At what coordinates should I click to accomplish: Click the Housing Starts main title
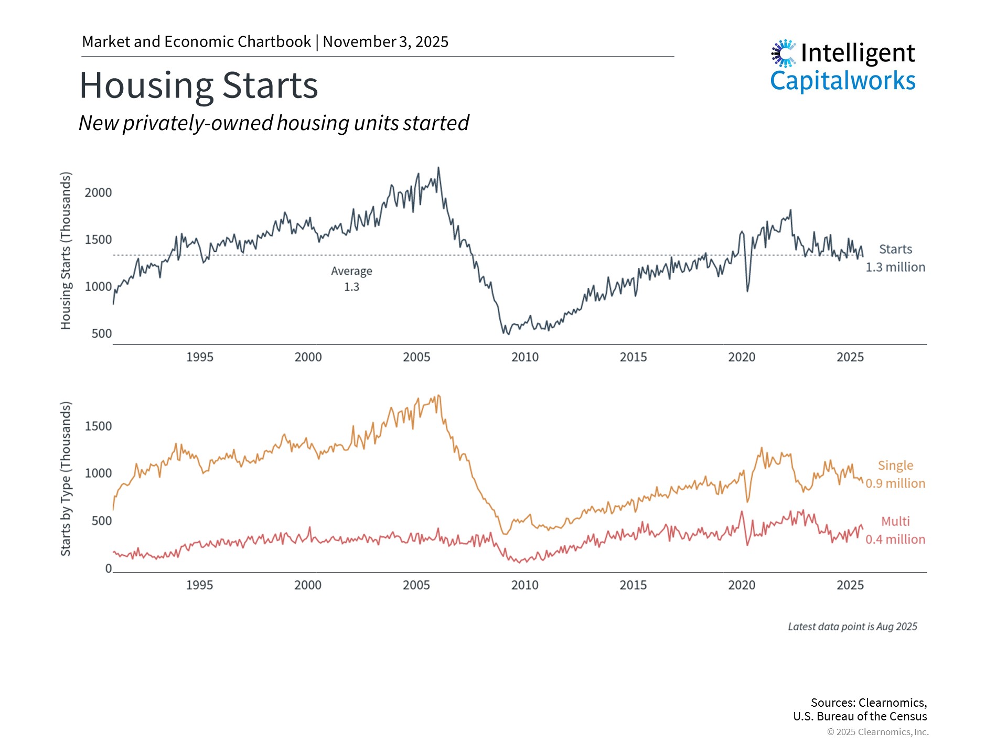(x=198, y=85)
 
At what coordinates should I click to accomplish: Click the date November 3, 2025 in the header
(x=385, y=42)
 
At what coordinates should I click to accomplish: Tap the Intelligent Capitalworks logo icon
(x=784, y=53)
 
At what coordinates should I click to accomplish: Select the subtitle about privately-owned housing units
(x=273, y=123)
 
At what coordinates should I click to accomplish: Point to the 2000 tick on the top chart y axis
(x=98, y=193)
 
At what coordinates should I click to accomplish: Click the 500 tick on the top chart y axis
(x=101, y=334)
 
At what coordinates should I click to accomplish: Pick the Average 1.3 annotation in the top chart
(x=351, y=279)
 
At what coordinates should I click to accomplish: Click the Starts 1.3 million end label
(x=895, y=258)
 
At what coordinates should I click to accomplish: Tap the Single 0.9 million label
(x=895, y=474)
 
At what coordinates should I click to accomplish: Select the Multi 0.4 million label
(x=895, y=531)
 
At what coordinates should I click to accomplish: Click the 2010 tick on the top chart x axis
(x=524, y=358)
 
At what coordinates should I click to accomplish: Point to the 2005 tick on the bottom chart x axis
(x=416, y=586)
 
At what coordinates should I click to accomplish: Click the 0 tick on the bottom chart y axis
(x=109, y=569)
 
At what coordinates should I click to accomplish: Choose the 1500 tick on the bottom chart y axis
(x=98, y=426)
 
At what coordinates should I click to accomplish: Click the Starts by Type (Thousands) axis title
(x=66, y=479)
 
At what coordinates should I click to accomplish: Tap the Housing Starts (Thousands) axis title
(x=66, y=251)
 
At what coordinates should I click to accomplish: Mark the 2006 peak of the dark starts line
(x=439, y=168)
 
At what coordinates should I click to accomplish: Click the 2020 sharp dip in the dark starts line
(x=747, y=290)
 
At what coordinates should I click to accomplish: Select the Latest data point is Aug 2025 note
(x=852, y=627)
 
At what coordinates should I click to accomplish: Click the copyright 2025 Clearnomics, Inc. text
(x=877, y=732)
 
